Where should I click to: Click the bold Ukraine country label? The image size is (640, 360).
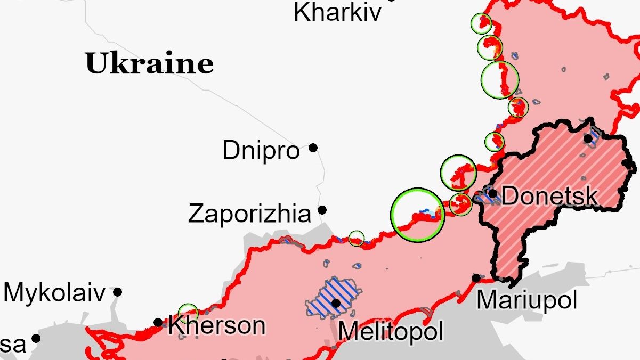(149, 63)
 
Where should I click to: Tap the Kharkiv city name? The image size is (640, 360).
(338, 12)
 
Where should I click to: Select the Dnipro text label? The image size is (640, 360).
(261, 151)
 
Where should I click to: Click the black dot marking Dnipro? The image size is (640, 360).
(313, 148)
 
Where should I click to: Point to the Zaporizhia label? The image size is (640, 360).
(249, 214)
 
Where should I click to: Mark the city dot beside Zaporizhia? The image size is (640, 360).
(322, 210)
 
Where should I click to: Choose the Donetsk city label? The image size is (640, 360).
(549, 196)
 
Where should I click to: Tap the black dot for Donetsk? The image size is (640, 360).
(493, 193)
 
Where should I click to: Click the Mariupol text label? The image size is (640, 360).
(526, 300)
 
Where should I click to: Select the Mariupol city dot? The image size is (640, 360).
(476, 278)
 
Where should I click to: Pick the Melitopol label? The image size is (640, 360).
(391, 331)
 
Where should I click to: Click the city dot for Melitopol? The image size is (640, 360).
(336, 303)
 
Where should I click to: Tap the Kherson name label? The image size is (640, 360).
(216, 325)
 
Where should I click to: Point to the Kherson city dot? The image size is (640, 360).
(158, 322)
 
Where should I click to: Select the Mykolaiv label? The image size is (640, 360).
(54, 293)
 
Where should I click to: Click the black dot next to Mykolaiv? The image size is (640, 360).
(117, 292)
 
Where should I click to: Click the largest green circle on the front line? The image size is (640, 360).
(417, 215)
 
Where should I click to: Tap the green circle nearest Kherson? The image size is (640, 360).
(188, 313)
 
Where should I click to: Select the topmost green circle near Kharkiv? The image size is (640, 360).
(481, 23)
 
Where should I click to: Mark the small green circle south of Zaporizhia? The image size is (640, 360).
(357, 238)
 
